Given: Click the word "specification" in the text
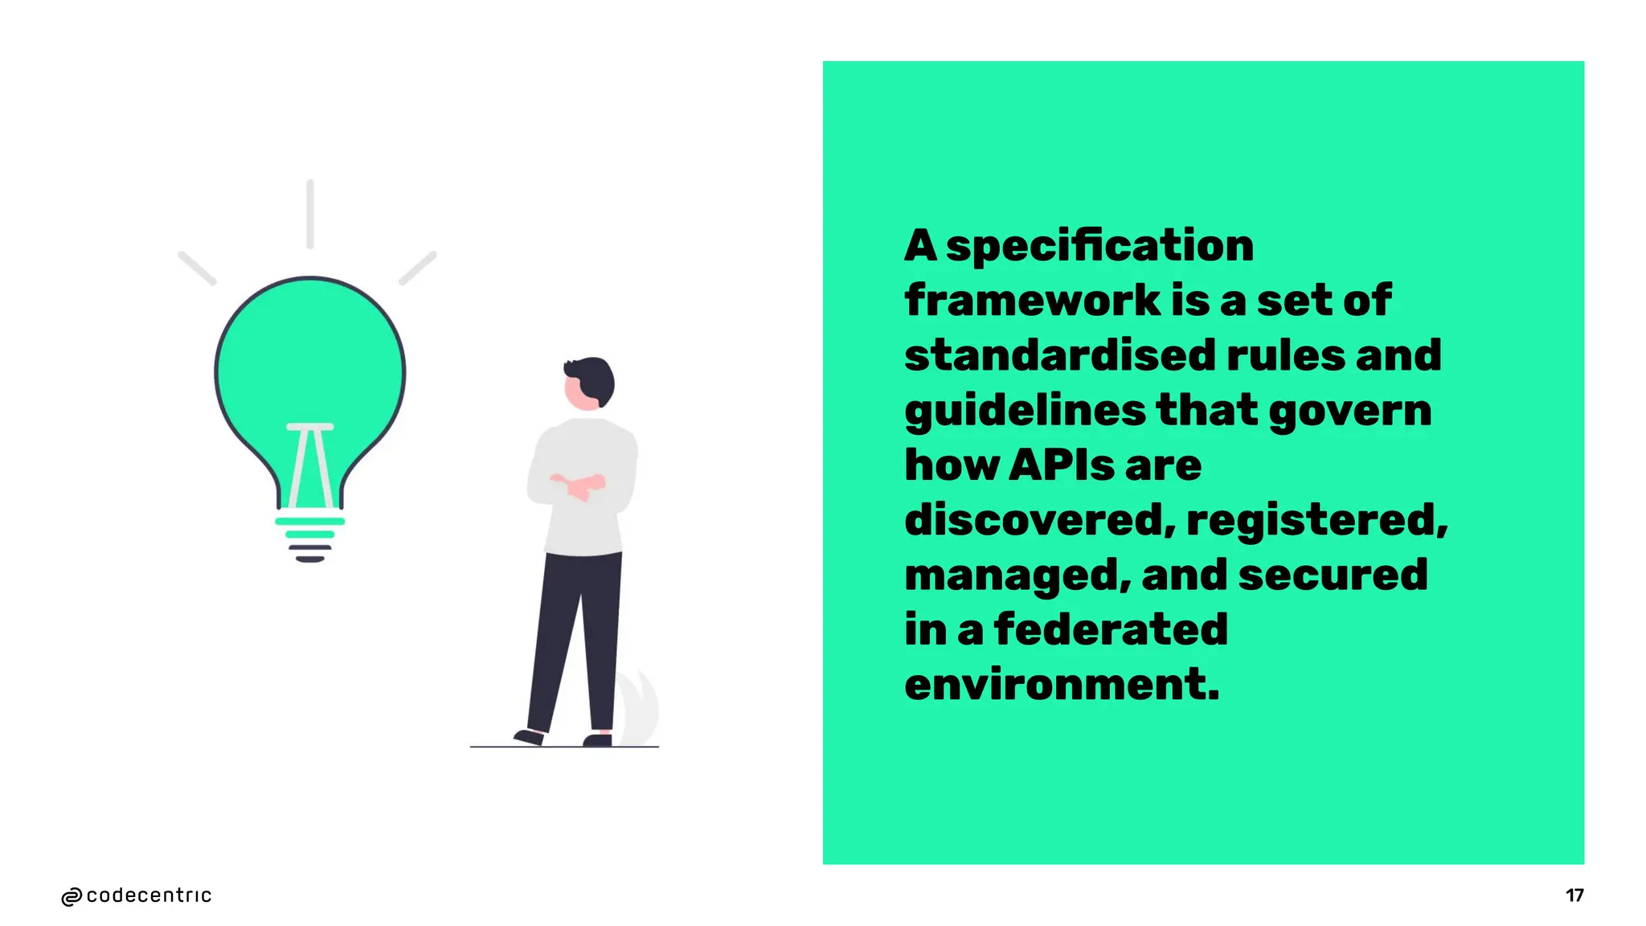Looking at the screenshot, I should tap(1099, 246).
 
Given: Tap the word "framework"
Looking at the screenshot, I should tap(1032, 301).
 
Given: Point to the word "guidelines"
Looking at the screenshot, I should tap(1025, 412).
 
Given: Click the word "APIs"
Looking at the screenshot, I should tap(1061, 465).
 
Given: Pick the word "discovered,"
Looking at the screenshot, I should tap(1040, 520).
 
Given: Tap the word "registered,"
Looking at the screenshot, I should tap(1316, 520).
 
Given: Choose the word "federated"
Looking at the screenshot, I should tap(1111, 629).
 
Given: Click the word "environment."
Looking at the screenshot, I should tap(1062, 685).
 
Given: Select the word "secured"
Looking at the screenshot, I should tap(1333, 575).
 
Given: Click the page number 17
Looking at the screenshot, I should tap(1574, 895).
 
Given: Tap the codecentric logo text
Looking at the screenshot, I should tap(149, 895).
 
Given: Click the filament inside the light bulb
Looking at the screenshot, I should tap(310, 466).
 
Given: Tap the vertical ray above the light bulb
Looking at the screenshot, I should tap(310, 214).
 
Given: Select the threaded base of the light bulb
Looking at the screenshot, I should tap(310, 539).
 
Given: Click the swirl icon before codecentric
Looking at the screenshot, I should tap(72, 897).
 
